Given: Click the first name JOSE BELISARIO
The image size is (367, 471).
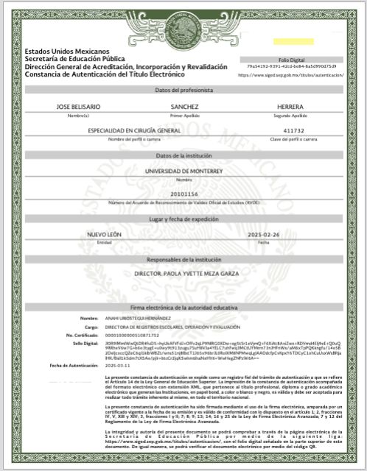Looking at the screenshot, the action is coord(78,107).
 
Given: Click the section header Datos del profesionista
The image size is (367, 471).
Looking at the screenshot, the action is coord(184,89).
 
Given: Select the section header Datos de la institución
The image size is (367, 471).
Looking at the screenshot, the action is coord(184,156).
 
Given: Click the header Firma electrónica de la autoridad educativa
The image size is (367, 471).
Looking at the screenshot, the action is coord(184,305).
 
